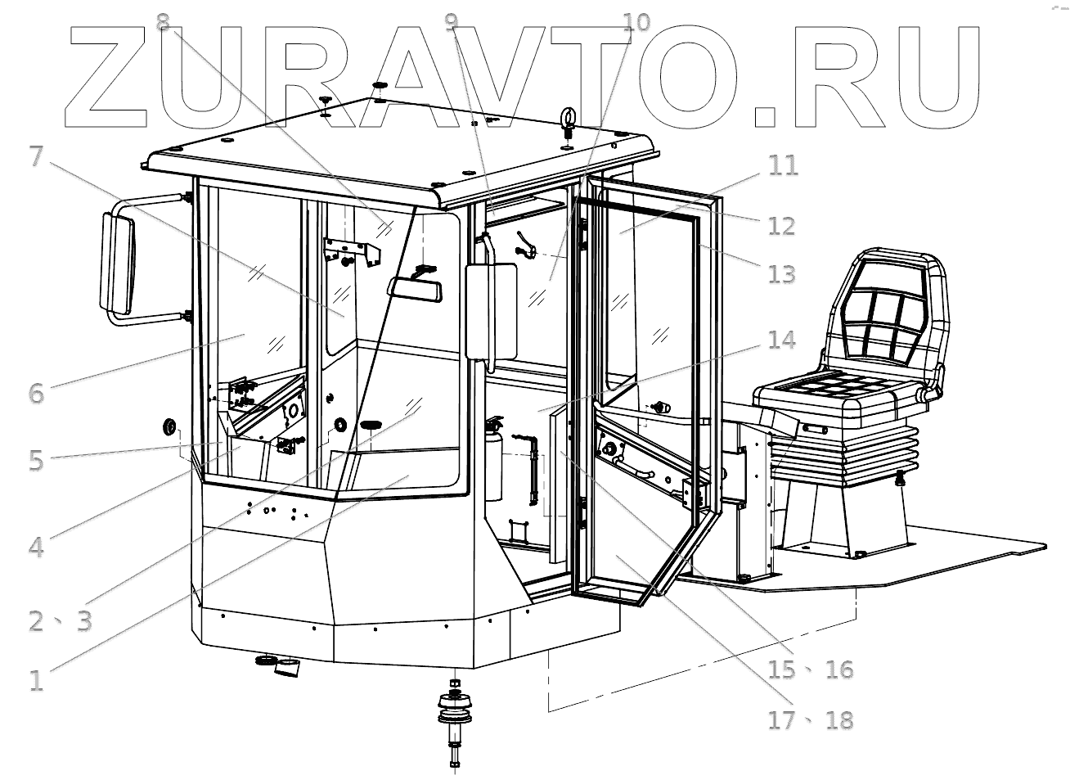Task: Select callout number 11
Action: (x=783, y=165)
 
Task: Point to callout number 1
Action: (x=36, y=680)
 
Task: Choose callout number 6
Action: (x=36, y=392)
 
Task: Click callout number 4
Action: (x=36, y=546)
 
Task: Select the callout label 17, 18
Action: (x=810, y=720)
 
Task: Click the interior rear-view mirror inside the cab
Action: (x=416, y=288)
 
